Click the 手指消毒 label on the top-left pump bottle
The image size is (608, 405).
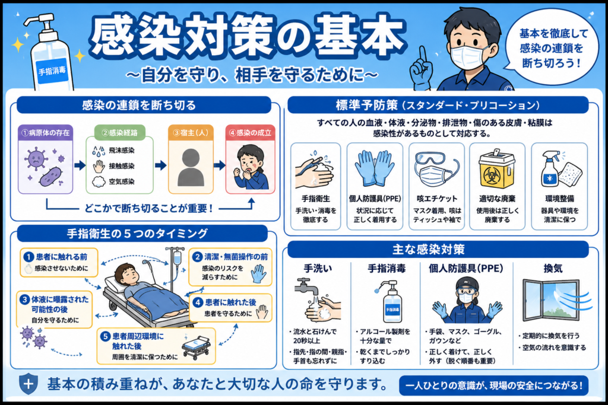pos(52,71)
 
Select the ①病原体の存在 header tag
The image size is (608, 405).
pos(45,132)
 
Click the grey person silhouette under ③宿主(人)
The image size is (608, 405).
pos(191,167)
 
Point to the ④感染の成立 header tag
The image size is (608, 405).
pos(250,132)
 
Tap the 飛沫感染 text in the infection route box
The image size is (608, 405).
pos(121,150)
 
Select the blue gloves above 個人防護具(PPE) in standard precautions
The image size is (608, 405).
pos(375,168)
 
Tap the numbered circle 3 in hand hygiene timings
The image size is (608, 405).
pos(24,299)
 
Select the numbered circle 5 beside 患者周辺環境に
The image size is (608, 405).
pos(105,336)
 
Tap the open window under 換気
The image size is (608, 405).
pos(550,301)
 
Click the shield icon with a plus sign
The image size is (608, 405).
pos(28,384)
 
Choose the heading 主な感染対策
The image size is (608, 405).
pos(429,250)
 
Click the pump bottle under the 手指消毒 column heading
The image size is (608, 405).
pos(392,301)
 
